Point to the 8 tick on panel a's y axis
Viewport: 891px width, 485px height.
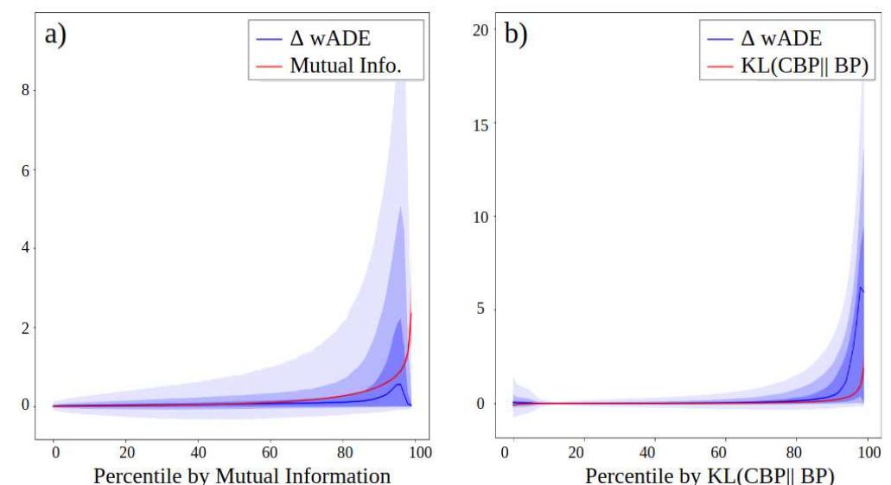pos(25,90)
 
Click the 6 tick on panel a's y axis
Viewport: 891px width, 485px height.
pos(25,170)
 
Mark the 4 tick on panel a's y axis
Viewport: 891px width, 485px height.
pos(25,248)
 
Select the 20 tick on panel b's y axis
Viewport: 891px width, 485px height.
pos(482,30)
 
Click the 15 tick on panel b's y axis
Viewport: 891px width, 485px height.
pos(482,124)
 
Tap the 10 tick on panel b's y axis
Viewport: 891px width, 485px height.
pos(482,217)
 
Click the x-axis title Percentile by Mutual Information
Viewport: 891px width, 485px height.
pos(241,475)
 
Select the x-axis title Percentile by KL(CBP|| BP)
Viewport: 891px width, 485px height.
pos(710,475)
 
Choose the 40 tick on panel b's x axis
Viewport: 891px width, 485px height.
pos(652,452)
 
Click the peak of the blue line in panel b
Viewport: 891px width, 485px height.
pos(859,288)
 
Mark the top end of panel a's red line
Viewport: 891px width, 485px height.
pos(411,312)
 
